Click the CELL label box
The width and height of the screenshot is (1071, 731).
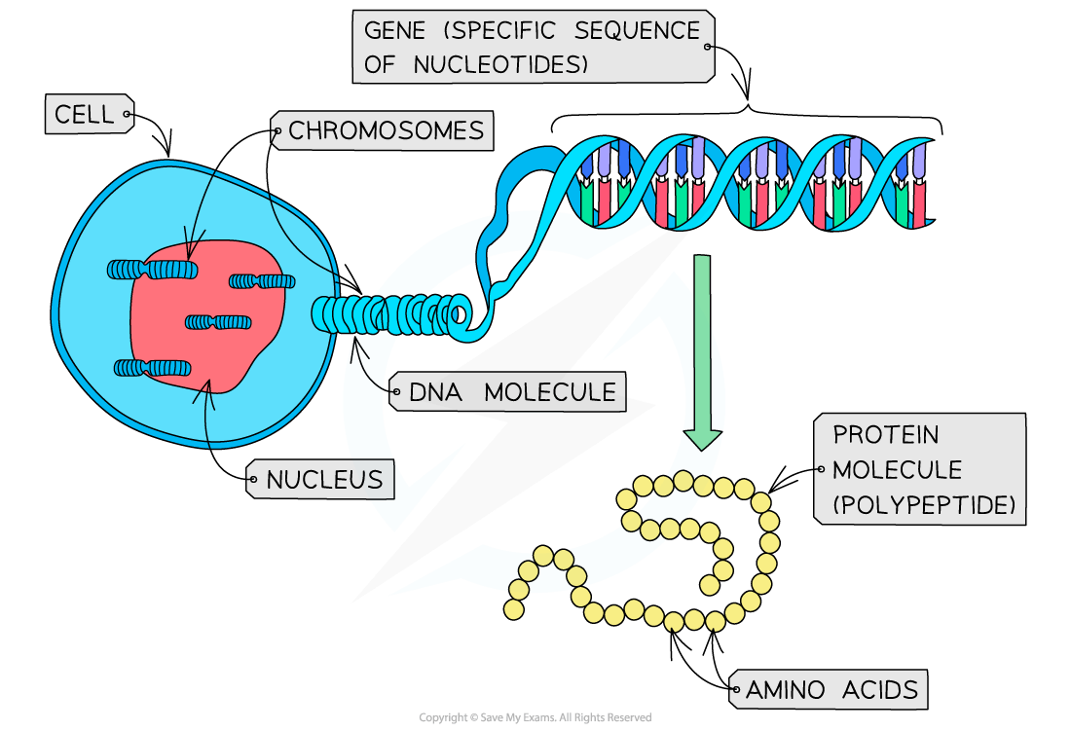(85, 116)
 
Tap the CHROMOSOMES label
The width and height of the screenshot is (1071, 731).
(386, 130)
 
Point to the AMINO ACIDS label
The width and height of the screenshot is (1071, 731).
(831, 690)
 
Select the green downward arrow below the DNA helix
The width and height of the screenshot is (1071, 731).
(702, 350)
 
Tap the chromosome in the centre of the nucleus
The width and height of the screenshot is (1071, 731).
(219, 322)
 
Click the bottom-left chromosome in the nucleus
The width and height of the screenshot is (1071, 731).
(152, 367)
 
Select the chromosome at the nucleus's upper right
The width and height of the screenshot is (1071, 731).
(262, 281)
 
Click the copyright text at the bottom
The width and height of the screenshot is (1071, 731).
(535, 717)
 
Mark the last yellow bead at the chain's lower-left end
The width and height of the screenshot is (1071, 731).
(513, 609)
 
